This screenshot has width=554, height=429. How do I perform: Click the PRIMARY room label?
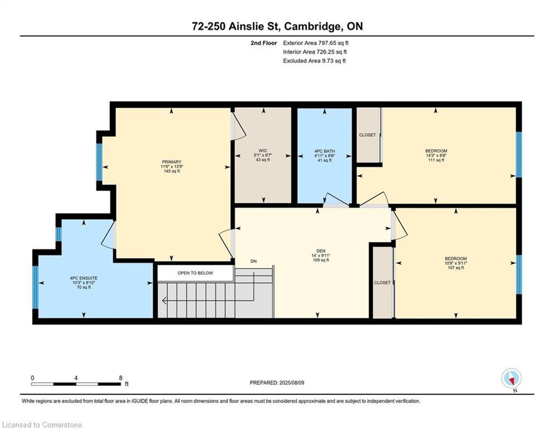click(172, 162)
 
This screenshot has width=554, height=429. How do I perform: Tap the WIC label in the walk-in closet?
click(263, 151)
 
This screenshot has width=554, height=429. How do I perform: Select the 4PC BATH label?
click(324, 151)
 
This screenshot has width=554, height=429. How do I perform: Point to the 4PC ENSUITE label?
click(84, 278)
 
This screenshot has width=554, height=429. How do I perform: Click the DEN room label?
click(321, 251)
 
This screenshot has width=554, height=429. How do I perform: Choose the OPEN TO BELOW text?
click(195, 273)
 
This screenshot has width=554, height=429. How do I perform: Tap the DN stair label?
click(254, 261)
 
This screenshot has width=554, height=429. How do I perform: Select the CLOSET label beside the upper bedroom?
click(368, 135)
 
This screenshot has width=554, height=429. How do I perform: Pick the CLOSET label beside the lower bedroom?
click(382, 283)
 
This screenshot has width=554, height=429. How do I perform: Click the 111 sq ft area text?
click(436, 160)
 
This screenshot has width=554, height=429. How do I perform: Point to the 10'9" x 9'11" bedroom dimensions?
click(456, 263)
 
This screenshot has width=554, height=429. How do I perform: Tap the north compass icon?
click(511, 379)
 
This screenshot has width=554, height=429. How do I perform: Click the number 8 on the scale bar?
click(121, 378)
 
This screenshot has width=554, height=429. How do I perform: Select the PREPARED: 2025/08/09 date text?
click(277, 383)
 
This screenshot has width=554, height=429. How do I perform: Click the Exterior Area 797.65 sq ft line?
click(316, 43)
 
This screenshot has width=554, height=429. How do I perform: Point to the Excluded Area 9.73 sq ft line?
click(315, 61)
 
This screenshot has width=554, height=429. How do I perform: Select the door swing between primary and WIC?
click(238, 126)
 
